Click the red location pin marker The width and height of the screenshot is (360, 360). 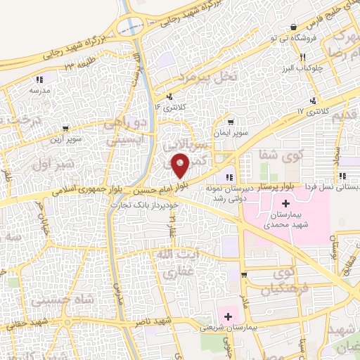(x=181, y=165)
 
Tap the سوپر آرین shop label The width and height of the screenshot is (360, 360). (x=65, y=139)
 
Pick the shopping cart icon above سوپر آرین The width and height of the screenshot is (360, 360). (x=65, y=129)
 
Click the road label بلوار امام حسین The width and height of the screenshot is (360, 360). (x=168, y=186)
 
